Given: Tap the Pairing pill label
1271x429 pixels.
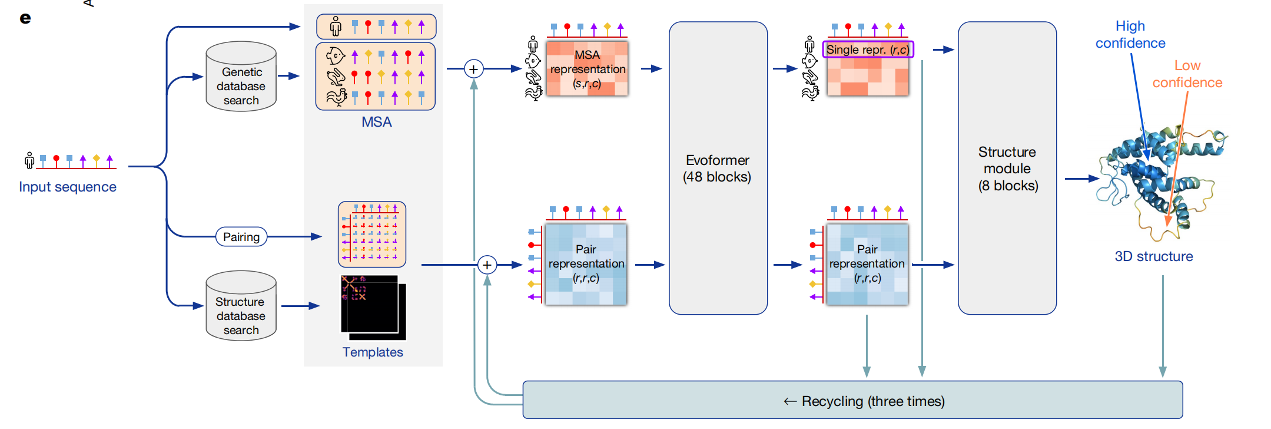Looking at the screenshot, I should (x=241, y=237).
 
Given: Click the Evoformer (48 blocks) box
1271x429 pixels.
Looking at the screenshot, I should (x=718, y=169).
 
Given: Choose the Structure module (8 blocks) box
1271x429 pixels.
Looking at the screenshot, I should (x=1007, y=169).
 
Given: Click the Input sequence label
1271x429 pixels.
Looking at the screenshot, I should (x=68, y=187).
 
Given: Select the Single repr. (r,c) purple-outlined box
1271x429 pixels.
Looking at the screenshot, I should (x=867, y=49).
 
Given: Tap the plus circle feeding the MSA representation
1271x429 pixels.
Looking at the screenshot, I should (x=473, y=69).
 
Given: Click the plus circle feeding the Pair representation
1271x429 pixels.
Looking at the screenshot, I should (x=487, y=265).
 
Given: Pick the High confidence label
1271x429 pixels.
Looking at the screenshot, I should (x=1130, y=34).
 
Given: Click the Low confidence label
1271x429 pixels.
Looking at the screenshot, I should (x=1187, y=74).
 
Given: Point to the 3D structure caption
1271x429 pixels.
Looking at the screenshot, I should (x=1153, y=256).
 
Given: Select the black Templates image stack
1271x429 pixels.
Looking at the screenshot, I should (x=373, y=308).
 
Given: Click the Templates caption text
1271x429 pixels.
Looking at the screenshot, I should (x=373, y=352).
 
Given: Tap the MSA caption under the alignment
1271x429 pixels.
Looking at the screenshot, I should (x=376, y=122).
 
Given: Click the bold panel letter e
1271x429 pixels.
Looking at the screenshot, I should (x=25, y=18).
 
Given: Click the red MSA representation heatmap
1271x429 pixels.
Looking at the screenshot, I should (x=587, y=68).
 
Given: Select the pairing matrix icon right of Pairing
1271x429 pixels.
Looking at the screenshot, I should (x=371, y=234).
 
